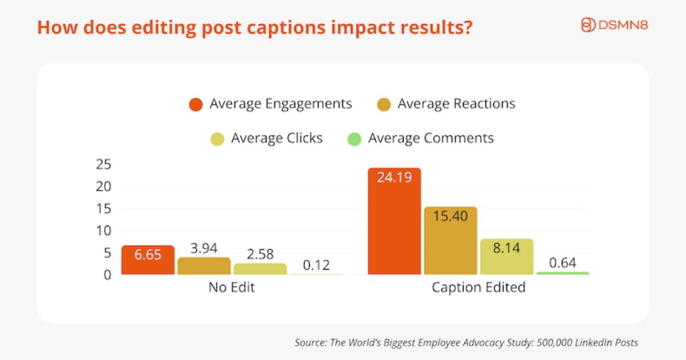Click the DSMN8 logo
(x=614, y=25)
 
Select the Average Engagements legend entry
(x=270, y=104)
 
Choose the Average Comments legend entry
(x=420, y=138)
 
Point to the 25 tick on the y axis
(x=103, y=165)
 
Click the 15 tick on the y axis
(x=103, y=209)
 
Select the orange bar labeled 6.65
(x=148, y=260)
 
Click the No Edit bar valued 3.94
(x=204, y=266)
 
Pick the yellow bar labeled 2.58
(x=260, y=269)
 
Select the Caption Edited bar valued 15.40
(x=450, y=241)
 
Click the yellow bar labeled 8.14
(x=506, y=257)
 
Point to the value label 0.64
(x=563, y=263)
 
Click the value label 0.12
(x=316, y=266)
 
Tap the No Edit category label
(x=232, y=287)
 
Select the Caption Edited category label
(x=478, y=287)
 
